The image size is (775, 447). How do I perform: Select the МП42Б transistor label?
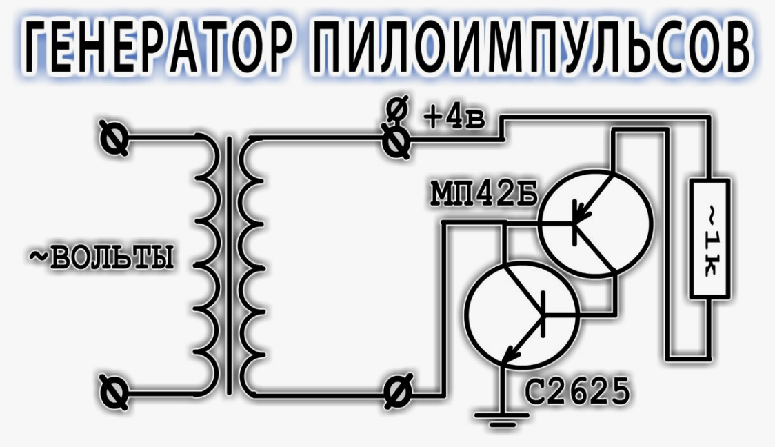[483, 193]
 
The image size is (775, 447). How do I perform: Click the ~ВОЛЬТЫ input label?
[102, 257]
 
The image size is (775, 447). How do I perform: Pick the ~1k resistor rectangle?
[709, 239]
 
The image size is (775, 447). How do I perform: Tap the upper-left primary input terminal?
[114, 138]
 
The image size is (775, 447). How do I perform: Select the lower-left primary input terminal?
[114, 393]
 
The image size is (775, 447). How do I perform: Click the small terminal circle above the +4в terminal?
[397, 110]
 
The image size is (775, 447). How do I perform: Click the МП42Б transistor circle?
[595, 223]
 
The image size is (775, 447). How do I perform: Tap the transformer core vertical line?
[229, 266]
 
